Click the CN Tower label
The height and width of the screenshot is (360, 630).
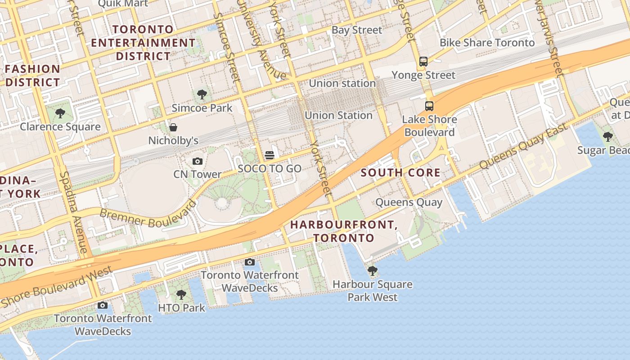point(198,174)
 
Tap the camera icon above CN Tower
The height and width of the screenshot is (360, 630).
point(197,161)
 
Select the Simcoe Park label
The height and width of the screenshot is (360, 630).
point(202,108)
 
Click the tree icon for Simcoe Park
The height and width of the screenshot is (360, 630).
point(202,94)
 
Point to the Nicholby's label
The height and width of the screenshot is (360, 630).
point(173,140)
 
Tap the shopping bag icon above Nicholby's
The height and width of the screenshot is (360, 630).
point(173,127)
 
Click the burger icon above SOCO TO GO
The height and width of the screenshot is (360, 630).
point(270,155)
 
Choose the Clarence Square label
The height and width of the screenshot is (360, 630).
point(60,126)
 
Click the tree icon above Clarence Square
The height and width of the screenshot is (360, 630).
point(60,113)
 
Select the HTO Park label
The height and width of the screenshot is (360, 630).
point(181,308)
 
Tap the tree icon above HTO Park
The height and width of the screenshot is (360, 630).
point(181,295)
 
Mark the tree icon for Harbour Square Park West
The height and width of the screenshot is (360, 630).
point(372,270)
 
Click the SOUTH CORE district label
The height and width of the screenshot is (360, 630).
point(400,173)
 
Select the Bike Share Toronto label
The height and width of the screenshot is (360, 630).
point(487,43)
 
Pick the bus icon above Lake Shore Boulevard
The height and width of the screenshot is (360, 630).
point(429,106)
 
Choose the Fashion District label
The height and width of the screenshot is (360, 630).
point(32,76)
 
